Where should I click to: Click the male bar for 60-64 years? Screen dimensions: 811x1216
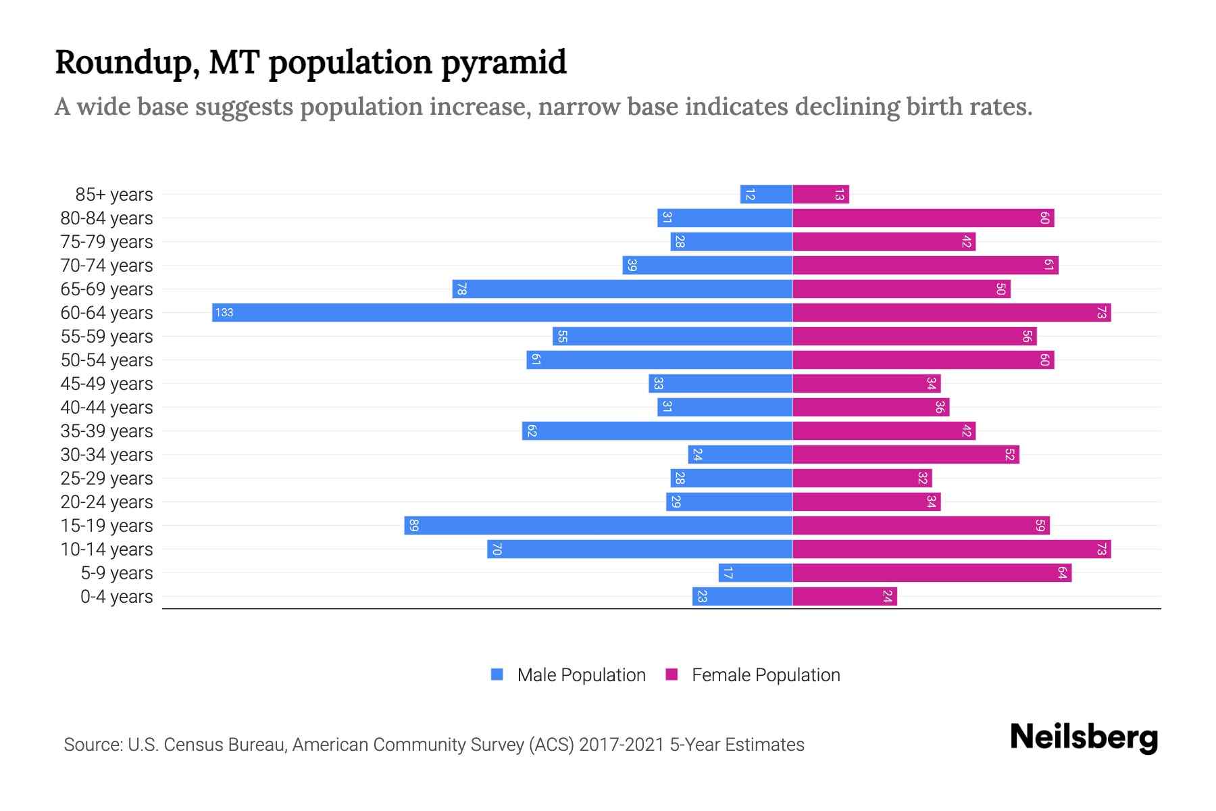coord(502,313)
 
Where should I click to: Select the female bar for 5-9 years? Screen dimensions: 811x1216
coord(932,573)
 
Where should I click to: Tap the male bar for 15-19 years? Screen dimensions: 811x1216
coord(598,526)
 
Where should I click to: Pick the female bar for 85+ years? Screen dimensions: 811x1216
coord(820,195)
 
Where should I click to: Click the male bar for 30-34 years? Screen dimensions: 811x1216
coord(740,455)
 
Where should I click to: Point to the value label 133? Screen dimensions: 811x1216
coord(224,313)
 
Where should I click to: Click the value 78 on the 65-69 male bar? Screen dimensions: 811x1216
coord(461,289)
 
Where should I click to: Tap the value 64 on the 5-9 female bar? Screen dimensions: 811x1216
coord(1062,573)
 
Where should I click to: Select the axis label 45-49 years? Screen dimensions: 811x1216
coord(107,384)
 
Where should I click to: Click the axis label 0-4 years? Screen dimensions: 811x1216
coord(116,597)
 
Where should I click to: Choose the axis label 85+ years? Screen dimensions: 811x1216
coord(113,195)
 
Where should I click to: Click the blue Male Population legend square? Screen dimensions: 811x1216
coord(497,674)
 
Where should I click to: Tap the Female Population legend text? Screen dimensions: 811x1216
coord(765,675)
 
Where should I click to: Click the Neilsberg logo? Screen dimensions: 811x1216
coord(1084,737)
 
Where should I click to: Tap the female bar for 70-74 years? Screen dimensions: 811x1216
coord(925,266)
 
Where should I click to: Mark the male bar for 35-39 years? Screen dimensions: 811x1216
coord(657,431)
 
